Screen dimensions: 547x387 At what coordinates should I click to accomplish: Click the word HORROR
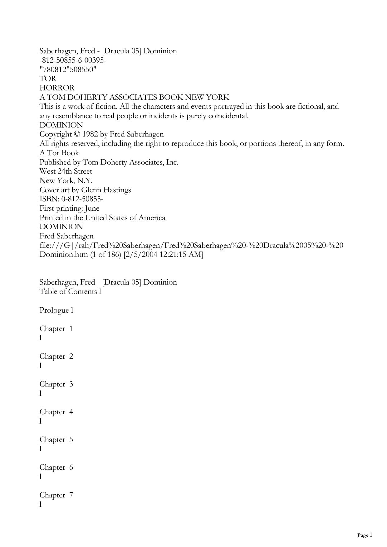(57, 88)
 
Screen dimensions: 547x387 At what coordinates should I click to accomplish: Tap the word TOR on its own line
(48, 79)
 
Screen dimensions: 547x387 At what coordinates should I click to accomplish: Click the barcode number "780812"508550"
(68, 70)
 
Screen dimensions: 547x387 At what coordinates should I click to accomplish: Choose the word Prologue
(54, 310)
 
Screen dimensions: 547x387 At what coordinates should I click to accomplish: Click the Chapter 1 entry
(56, 329)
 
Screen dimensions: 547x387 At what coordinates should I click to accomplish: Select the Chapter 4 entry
(56, 412)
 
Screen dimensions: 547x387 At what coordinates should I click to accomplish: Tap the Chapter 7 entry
(56, 495)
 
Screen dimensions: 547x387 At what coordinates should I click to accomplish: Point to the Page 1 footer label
(365, 535)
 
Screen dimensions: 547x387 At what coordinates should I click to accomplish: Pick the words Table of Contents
(68, 292)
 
